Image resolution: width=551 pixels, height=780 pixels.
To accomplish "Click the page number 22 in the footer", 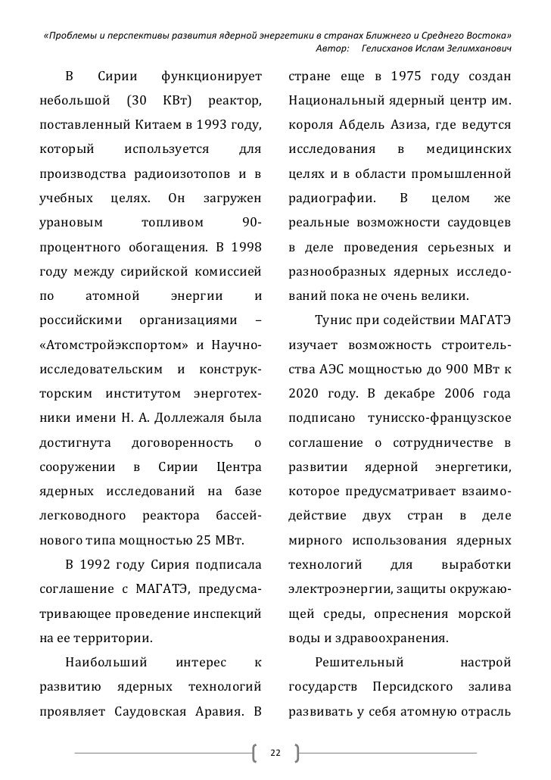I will (275, 754).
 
